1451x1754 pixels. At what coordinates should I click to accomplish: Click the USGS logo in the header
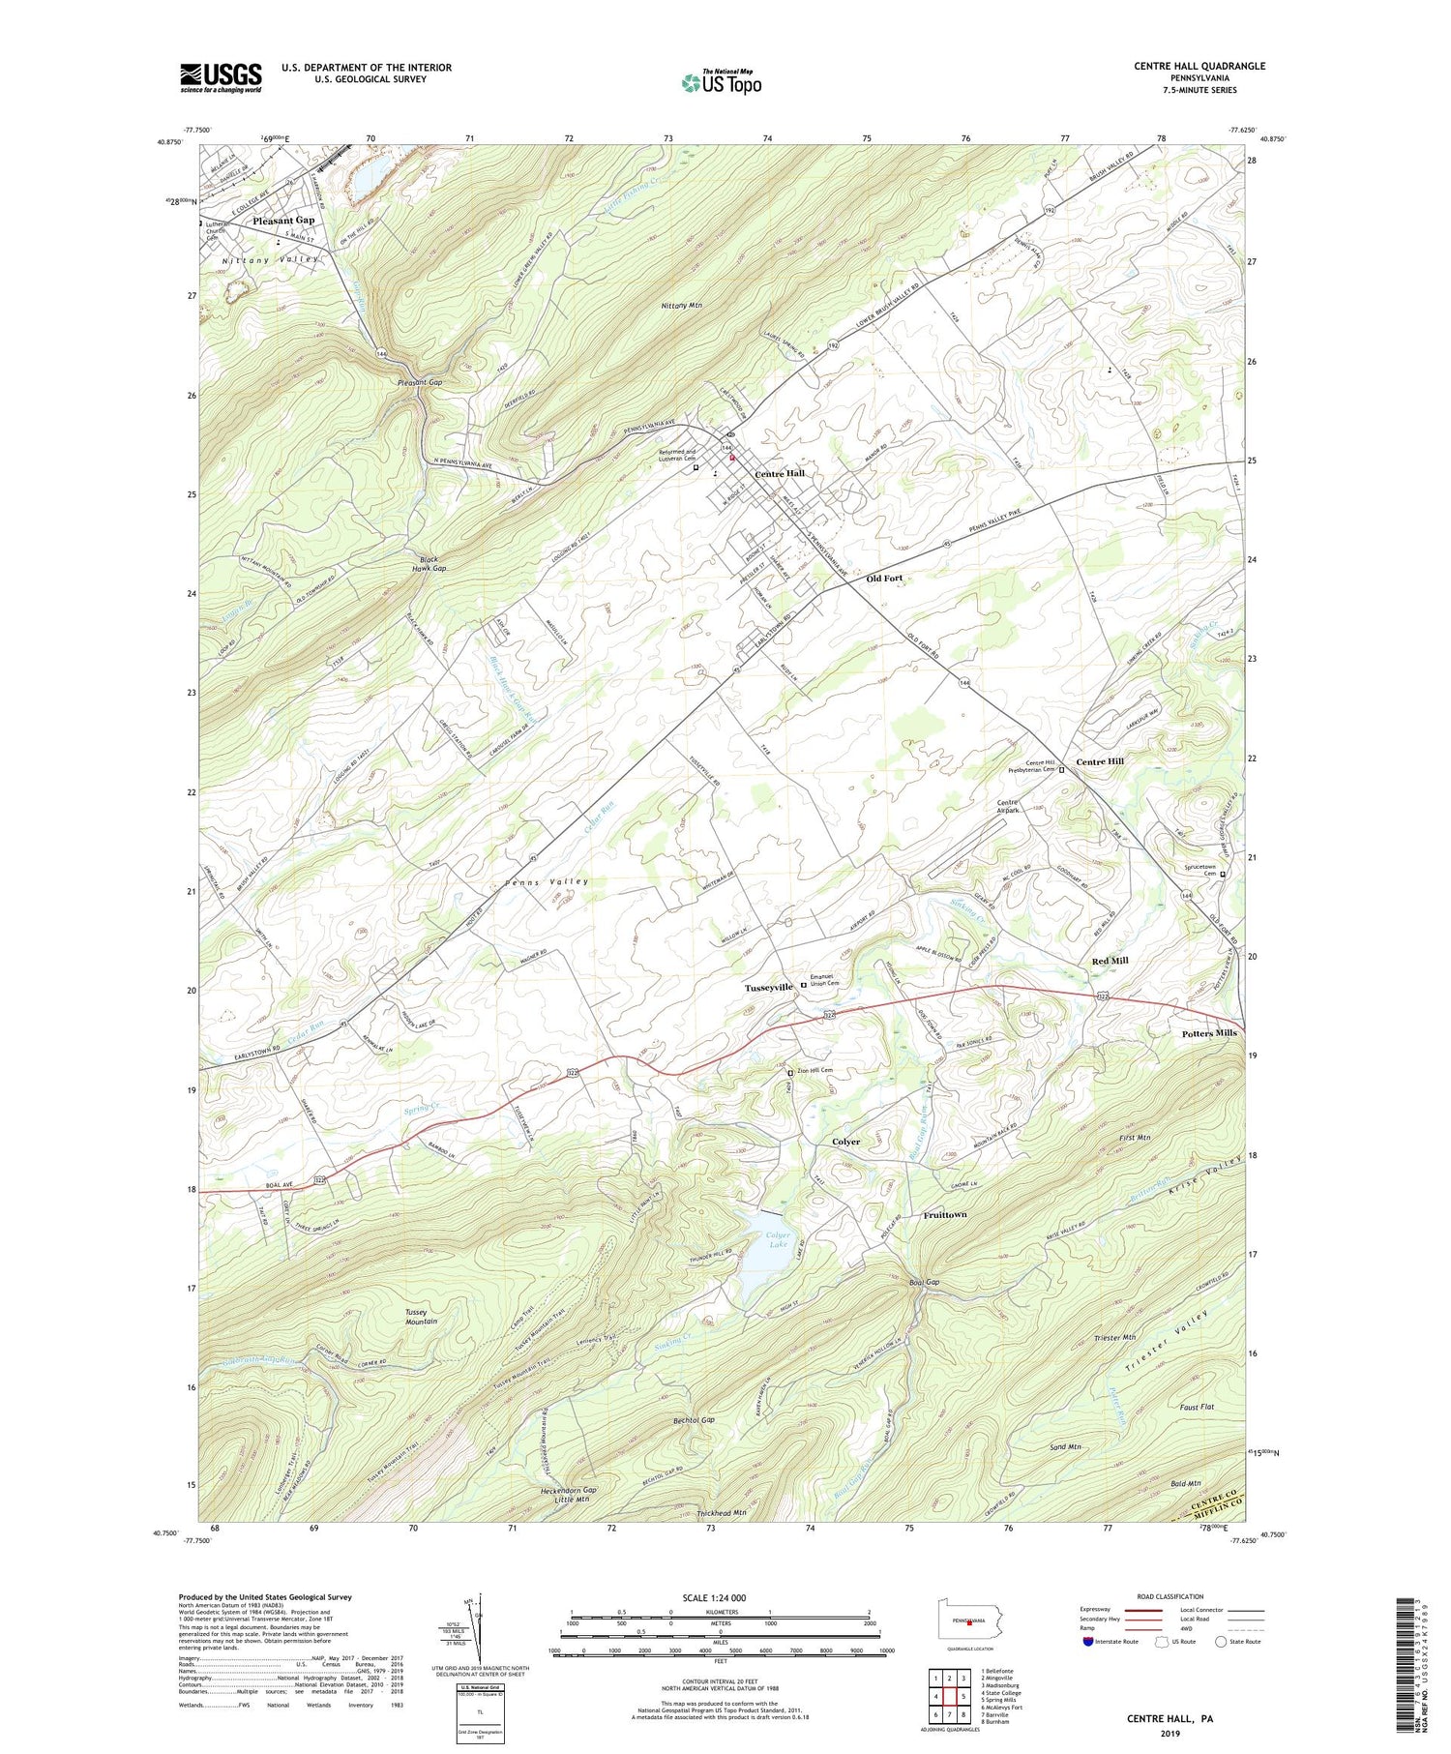[x=221, y=77]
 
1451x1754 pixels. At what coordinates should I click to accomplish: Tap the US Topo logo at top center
[x=721, y=83]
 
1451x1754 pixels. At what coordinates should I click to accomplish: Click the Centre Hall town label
[x=779, y=473]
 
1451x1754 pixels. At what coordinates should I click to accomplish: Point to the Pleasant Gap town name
[x=283, y=221]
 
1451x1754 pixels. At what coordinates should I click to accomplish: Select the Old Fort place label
[x=884, y=578]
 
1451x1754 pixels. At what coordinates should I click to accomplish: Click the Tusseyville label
[x=768, y=987]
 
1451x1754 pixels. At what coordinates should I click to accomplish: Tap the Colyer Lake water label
[x=778, y=1240]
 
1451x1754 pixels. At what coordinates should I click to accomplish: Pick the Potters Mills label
[x=1208, y=1033]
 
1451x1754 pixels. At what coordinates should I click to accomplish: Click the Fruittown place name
[x=944, y=1214]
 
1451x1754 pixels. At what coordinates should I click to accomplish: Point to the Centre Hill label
[x=1100, y=761]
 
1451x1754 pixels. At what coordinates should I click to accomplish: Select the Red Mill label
[x=1110, y=961]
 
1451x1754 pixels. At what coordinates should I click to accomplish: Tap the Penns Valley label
[x=547, y=882]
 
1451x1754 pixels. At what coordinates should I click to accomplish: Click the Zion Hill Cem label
[x=814, y=1070]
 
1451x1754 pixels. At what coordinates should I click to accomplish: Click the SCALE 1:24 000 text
[x=720, y=1597]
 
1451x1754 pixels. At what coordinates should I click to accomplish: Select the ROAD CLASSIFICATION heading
[x=1170, y=1596]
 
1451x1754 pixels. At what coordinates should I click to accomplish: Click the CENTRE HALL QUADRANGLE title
[x=1199, y=66]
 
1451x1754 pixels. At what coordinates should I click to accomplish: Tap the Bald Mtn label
[x=1184, y=1483]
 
